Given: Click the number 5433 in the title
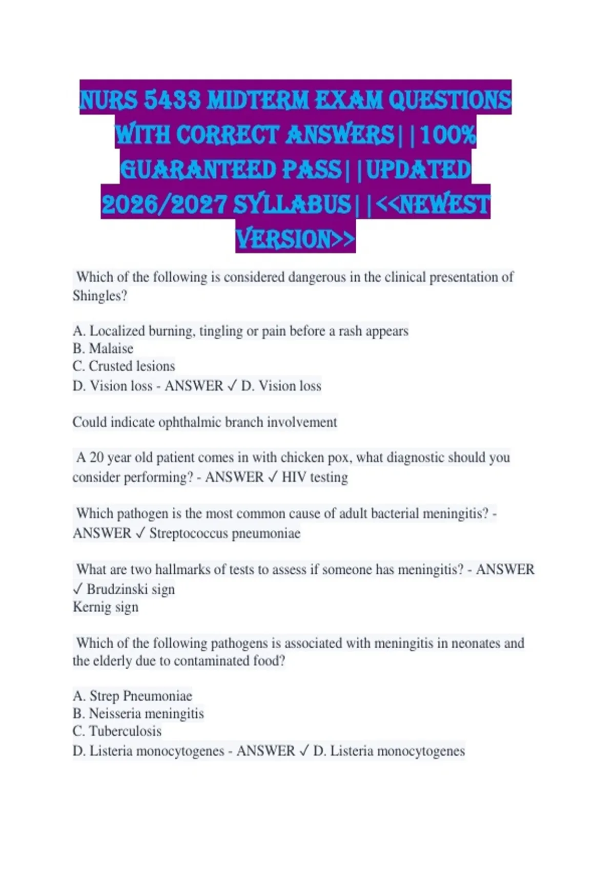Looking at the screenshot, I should (x=172, y=100).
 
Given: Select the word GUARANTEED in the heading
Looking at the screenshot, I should (x=198, y=170).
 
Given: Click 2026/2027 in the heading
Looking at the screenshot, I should (x=164, y=204).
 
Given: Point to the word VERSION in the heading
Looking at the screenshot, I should (x=283, y=239).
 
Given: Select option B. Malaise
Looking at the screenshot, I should (x=103, y=348).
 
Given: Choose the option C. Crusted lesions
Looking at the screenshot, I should (x=124, y=366).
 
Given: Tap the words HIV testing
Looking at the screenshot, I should (x=315, y=477).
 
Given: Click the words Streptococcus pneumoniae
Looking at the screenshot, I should (x=224, y=533).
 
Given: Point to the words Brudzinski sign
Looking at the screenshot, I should (x=131, y=589).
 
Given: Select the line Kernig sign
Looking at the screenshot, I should (x=106, y=607).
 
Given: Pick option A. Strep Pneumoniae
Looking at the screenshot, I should (x=132, y=696).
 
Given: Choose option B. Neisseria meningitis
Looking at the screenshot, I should (x=138, y=713).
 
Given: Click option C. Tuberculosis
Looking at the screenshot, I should (x=117, y=731).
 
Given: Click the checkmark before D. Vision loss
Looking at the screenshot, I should (x=232, y=386).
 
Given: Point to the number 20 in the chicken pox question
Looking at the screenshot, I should (x=96, y=457).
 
